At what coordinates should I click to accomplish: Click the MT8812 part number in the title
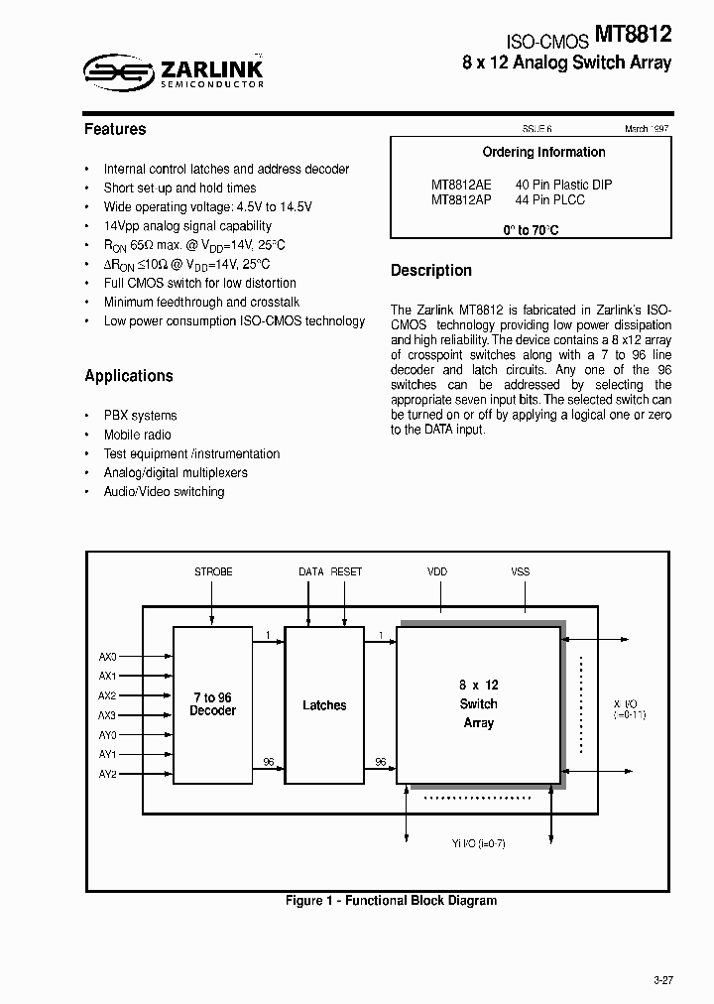(x=634, y=36)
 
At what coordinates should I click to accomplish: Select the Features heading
(x=115, y=129)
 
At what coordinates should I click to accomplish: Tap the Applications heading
(x=129, y=376)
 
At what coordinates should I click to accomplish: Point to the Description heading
(x=431, y=270)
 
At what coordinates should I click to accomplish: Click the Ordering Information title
(x=543, y=153)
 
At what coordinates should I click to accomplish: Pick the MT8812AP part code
(x=461, y=199)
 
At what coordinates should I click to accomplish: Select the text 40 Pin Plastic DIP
(x=563, y=185)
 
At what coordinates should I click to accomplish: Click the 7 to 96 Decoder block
(x=213, y=704)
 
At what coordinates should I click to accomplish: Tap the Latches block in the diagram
(x=324, y=705)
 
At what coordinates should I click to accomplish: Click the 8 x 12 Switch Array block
(x=479, y=704)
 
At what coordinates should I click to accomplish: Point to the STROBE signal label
(x=213, y=572)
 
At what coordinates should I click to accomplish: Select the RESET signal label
(x=346, y=572)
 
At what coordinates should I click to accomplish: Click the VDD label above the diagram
(x=437, y=572)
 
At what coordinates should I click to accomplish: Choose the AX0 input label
(x=108, y=657)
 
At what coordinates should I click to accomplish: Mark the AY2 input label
(x=108, y=774)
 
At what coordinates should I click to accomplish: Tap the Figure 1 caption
(x=391, y=901)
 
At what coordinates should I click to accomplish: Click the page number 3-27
(x=662, y=980)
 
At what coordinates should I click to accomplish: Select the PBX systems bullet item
(x=140, y=416)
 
